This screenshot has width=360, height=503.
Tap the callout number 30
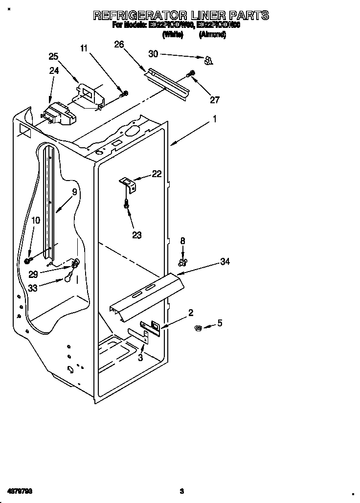154,54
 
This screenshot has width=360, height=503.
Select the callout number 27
215,100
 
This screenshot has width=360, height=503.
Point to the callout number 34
225,262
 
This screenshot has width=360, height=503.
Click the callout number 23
136,235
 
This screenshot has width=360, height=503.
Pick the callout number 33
33,288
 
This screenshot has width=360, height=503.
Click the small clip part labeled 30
208,60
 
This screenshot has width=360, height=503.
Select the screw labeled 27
191,74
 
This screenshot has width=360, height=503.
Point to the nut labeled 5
199,327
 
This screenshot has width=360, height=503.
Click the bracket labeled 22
129,184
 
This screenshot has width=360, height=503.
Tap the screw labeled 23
127,205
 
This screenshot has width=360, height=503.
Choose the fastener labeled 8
182,263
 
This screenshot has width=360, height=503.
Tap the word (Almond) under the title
212,35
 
